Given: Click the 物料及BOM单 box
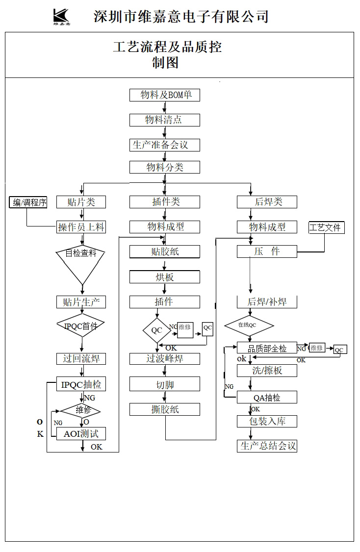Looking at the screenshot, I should (164, 95).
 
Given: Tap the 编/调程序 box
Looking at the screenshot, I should (28, 202).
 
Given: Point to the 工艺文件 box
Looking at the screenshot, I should (326, 227).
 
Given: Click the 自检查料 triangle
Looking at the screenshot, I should (81, 262).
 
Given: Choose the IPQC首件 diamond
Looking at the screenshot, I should (81, 326).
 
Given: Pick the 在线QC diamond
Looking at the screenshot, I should (249, 325).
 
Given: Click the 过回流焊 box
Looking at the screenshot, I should (81, 359).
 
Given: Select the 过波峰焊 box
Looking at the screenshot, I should (164, 359).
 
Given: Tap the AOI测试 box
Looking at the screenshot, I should (81, 434).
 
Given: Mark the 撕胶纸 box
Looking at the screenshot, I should (164, 409).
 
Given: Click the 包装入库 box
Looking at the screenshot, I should (267, 421).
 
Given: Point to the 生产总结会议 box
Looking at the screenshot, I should (267, 446).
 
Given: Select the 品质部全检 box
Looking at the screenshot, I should (267, 348).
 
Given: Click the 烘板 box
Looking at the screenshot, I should (164, 277).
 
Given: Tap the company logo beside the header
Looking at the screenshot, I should (62, 16).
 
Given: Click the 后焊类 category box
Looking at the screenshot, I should (267, 202).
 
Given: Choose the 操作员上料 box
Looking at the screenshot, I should (81, 227).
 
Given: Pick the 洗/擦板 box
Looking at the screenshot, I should (267, 371).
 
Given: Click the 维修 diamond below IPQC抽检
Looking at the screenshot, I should (81, 410).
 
